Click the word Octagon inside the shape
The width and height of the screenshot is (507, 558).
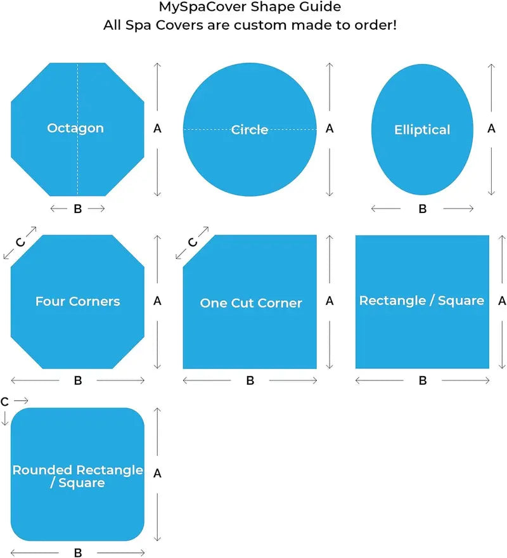point(75,128)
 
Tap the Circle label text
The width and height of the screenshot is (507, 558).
point(250,129)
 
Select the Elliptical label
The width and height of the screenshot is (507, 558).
point(422,129)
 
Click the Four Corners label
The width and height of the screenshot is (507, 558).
point(77,301)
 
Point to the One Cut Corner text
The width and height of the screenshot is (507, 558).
point(251,303)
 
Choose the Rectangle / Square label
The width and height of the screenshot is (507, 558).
point(421,301)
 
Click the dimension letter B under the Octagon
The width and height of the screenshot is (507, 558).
point(77,209)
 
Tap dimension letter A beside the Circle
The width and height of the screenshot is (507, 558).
point(330,129)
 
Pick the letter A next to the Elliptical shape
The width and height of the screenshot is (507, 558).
point(491,129)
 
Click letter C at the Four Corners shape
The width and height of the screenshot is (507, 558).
point(20,242)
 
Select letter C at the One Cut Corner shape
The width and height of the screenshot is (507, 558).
point(193,242)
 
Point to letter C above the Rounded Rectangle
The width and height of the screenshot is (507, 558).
point(4,401)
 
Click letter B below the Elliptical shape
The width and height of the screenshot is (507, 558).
point(422,209)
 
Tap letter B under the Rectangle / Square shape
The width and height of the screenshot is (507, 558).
point(422,380)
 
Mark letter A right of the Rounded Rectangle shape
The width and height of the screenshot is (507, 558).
point(157,473)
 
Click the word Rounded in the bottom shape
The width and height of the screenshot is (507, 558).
point(42,470)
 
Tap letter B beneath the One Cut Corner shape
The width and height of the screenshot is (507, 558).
point(250,380)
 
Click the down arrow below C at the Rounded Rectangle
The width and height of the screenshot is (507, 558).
point(4,418)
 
